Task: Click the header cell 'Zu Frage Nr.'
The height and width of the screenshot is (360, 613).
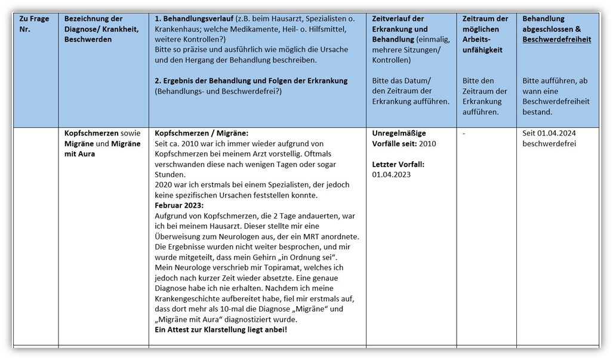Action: pos(35,24)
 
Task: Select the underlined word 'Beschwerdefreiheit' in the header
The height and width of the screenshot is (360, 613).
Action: pos(557,39)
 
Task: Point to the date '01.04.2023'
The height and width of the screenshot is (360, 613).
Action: pos(391,174)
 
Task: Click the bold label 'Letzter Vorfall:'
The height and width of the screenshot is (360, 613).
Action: pos(398,164)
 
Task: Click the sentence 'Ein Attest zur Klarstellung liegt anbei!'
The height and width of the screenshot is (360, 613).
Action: pos(221,330)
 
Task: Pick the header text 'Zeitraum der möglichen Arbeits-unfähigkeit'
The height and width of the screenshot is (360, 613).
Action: pos(485,35)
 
